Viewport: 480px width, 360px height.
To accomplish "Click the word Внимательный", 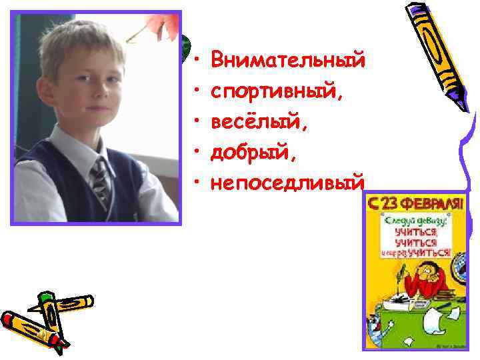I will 288,61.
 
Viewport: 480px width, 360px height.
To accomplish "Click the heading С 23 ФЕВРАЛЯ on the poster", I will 414,203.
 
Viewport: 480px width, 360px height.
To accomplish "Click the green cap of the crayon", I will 47,297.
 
